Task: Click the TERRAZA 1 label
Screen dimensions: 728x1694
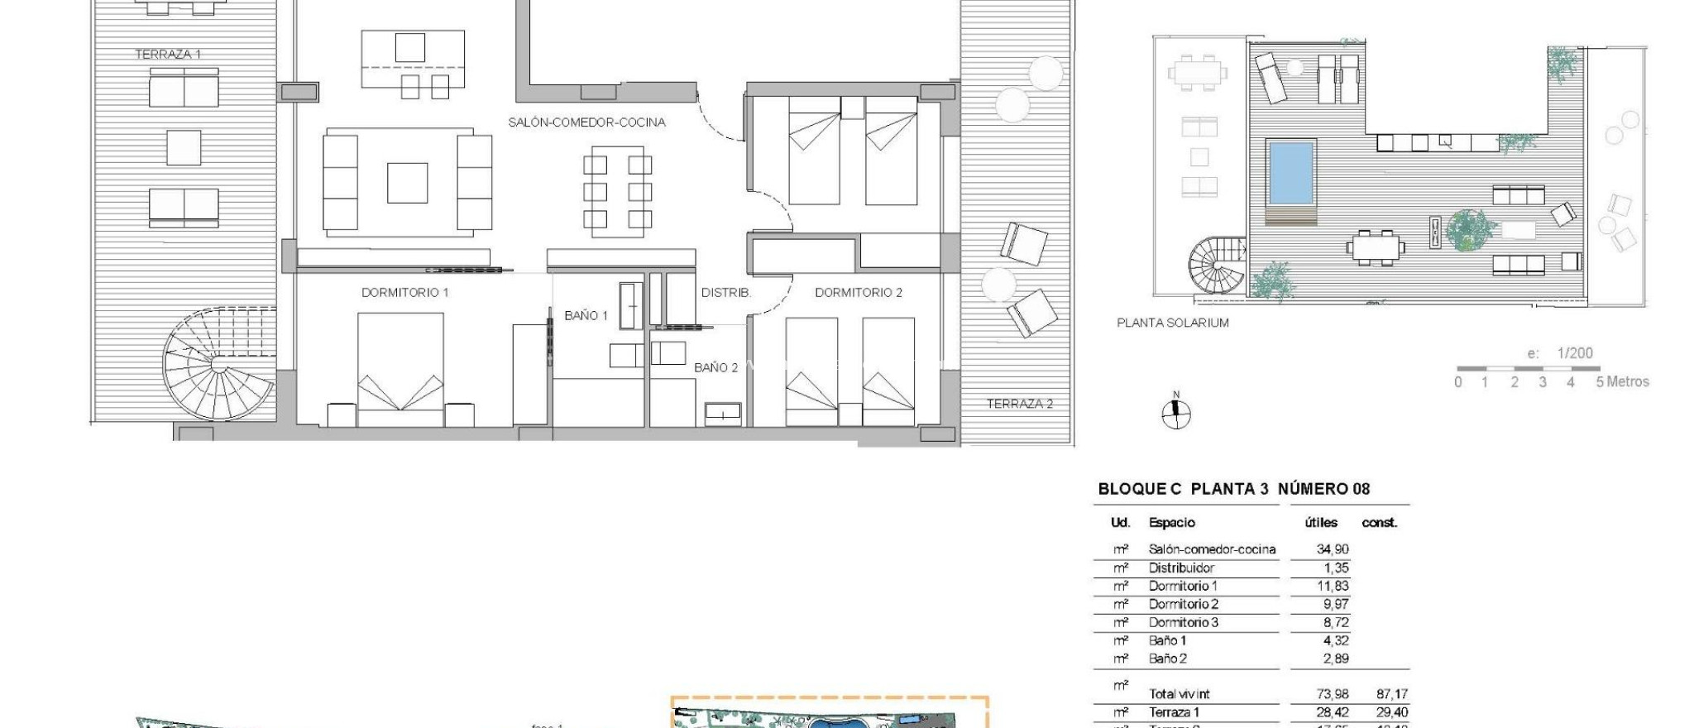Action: (168, 55)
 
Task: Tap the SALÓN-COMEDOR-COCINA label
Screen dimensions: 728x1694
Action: (586, 122)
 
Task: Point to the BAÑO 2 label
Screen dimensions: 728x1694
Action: (715, 368)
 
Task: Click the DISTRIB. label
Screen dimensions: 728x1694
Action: (725, 293)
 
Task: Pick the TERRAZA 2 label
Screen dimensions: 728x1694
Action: (1019, 405)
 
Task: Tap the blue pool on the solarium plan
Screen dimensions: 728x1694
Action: (1290, 173)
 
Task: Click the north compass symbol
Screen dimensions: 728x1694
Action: (1175, 413)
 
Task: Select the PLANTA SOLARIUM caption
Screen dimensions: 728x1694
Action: (1172, 323)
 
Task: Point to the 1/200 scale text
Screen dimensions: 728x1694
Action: (1574, 353)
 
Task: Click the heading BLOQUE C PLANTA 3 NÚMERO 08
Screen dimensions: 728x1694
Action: (1233, 489)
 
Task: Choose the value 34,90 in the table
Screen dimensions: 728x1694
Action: (1332, 549)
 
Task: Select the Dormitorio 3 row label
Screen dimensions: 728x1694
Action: (1183, 623)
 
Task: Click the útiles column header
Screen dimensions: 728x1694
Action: (1320, 523)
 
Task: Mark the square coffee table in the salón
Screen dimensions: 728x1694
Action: (407, 183)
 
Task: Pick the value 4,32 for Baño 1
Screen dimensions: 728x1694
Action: (1335, 641)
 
